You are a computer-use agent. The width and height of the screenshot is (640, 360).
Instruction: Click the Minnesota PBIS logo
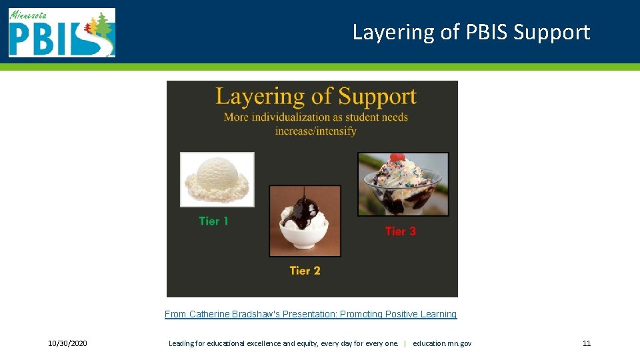[x=61, y=32]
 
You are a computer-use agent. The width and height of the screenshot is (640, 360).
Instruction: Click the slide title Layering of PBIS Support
[x=471, y=32]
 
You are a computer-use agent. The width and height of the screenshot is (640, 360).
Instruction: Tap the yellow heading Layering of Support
[x=315, y=96]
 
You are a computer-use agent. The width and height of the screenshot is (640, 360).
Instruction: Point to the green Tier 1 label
[x=213, y=221]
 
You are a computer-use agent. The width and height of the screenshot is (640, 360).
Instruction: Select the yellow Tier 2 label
[x=305, y=271]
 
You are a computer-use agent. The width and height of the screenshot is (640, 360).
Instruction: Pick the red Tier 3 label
[x=400, y=231]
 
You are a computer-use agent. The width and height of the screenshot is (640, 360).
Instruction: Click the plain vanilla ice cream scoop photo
[x=217, y=179]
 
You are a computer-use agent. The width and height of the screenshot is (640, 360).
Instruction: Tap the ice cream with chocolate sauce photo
[x=305, y=221]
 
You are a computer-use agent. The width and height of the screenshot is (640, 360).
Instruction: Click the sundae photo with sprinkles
[x=403, y=184]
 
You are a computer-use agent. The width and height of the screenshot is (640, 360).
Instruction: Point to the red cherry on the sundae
[x=397, y=158]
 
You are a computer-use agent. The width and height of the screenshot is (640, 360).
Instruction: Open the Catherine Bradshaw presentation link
[x=311, y=314]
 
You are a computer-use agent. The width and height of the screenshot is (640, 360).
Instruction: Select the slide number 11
[x=587, y=343]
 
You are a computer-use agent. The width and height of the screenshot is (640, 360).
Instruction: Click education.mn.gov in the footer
[x=442, y=343]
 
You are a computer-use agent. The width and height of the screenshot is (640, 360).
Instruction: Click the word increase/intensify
[x=315, y=131]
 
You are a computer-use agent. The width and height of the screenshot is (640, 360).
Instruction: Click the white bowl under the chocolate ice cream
[x=305, y=239]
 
